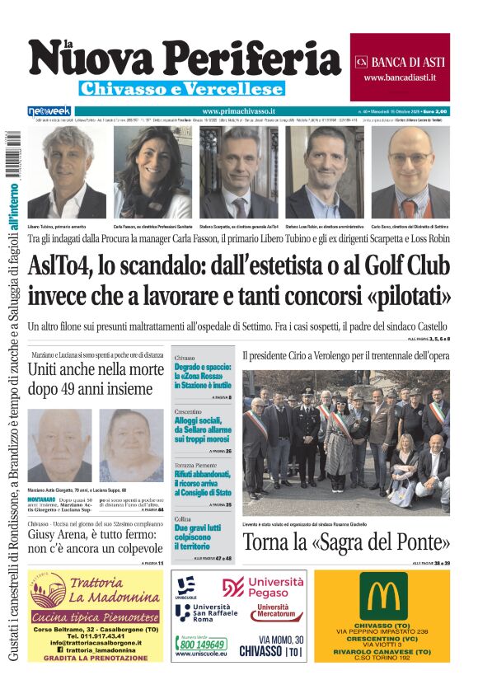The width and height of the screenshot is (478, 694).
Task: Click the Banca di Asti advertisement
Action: [x=400, y=68]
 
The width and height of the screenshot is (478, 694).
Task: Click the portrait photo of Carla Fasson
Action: [x=152, y=172]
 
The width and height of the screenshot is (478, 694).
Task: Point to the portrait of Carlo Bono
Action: [x=410, y=172]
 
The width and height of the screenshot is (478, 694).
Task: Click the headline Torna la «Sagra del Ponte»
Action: [x=346, y=542]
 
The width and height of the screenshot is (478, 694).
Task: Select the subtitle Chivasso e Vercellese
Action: [x=181, y=88]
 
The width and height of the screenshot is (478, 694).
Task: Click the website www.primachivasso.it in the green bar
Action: [x=238, y=110]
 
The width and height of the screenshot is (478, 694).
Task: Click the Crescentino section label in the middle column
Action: [x=189, y=410]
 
